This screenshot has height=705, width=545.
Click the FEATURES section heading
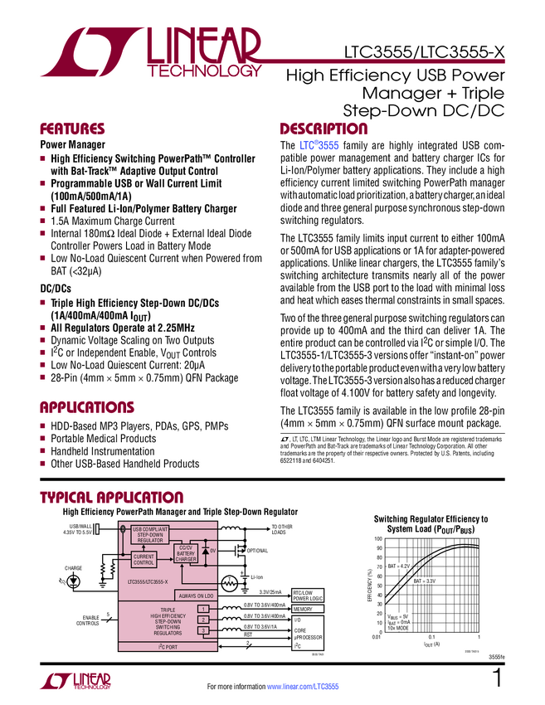72,129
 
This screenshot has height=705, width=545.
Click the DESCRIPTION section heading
323,129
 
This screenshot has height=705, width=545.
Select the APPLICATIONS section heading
87,407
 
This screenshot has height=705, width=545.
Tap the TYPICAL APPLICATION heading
112,497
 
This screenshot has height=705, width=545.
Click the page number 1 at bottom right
497,680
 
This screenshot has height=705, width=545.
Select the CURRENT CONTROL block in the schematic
144,560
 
